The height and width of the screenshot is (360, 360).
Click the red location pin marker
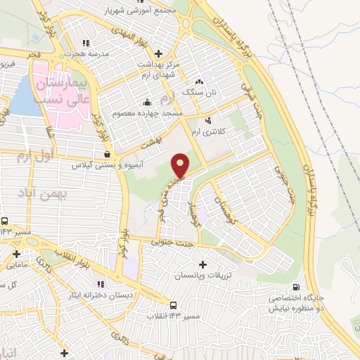pyautogui.click(x=181, y=165)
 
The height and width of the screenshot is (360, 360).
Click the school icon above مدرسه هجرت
pyautogui.click(x=86, y=43)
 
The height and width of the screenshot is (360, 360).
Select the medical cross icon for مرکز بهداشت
pyautogui.click(x=157, y=53)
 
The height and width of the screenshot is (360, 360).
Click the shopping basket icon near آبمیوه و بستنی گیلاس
pyautogui.click(x=106, y=155)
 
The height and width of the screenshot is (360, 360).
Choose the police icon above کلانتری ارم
pyautogui.click(x=207, y=120)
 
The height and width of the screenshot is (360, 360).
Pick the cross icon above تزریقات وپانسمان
pyautogui.click(x=204, y=265)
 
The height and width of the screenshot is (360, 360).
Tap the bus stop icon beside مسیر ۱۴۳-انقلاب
pyautogui.click(x=172, y=304)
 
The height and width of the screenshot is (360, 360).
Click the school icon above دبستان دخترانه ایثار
pyautogui.click(x=101, y=284)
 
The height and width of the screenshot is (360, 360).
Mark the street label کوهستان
pyautogui.click(x=231, y=205)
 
